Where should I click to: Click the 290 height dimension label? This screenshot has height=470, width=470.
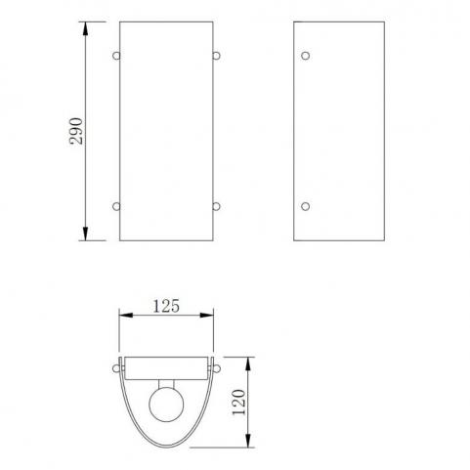[76, 131]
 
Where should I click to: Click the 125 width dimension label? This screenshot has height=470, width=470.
[166, 306]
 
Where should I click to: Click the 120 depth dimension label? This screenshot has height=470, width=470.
[238, 403]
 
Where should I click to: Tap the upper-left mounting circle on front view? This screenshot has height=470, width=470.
[116, 56]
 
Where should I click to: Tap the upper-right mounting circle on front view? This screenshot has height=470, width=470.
[217, 56]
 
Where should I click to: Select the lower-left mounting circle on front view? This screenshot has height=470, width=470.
[116, 206]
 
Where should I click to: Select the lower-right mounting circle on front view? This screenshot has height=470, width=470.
[217, 206]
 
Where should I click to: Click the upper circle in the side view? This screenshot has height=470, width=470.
[305, 56]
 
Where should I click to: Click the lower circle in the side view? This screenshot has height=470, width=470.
[305, 206]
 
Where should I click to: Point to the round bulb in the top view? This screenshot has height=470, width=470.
[166, 405]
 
